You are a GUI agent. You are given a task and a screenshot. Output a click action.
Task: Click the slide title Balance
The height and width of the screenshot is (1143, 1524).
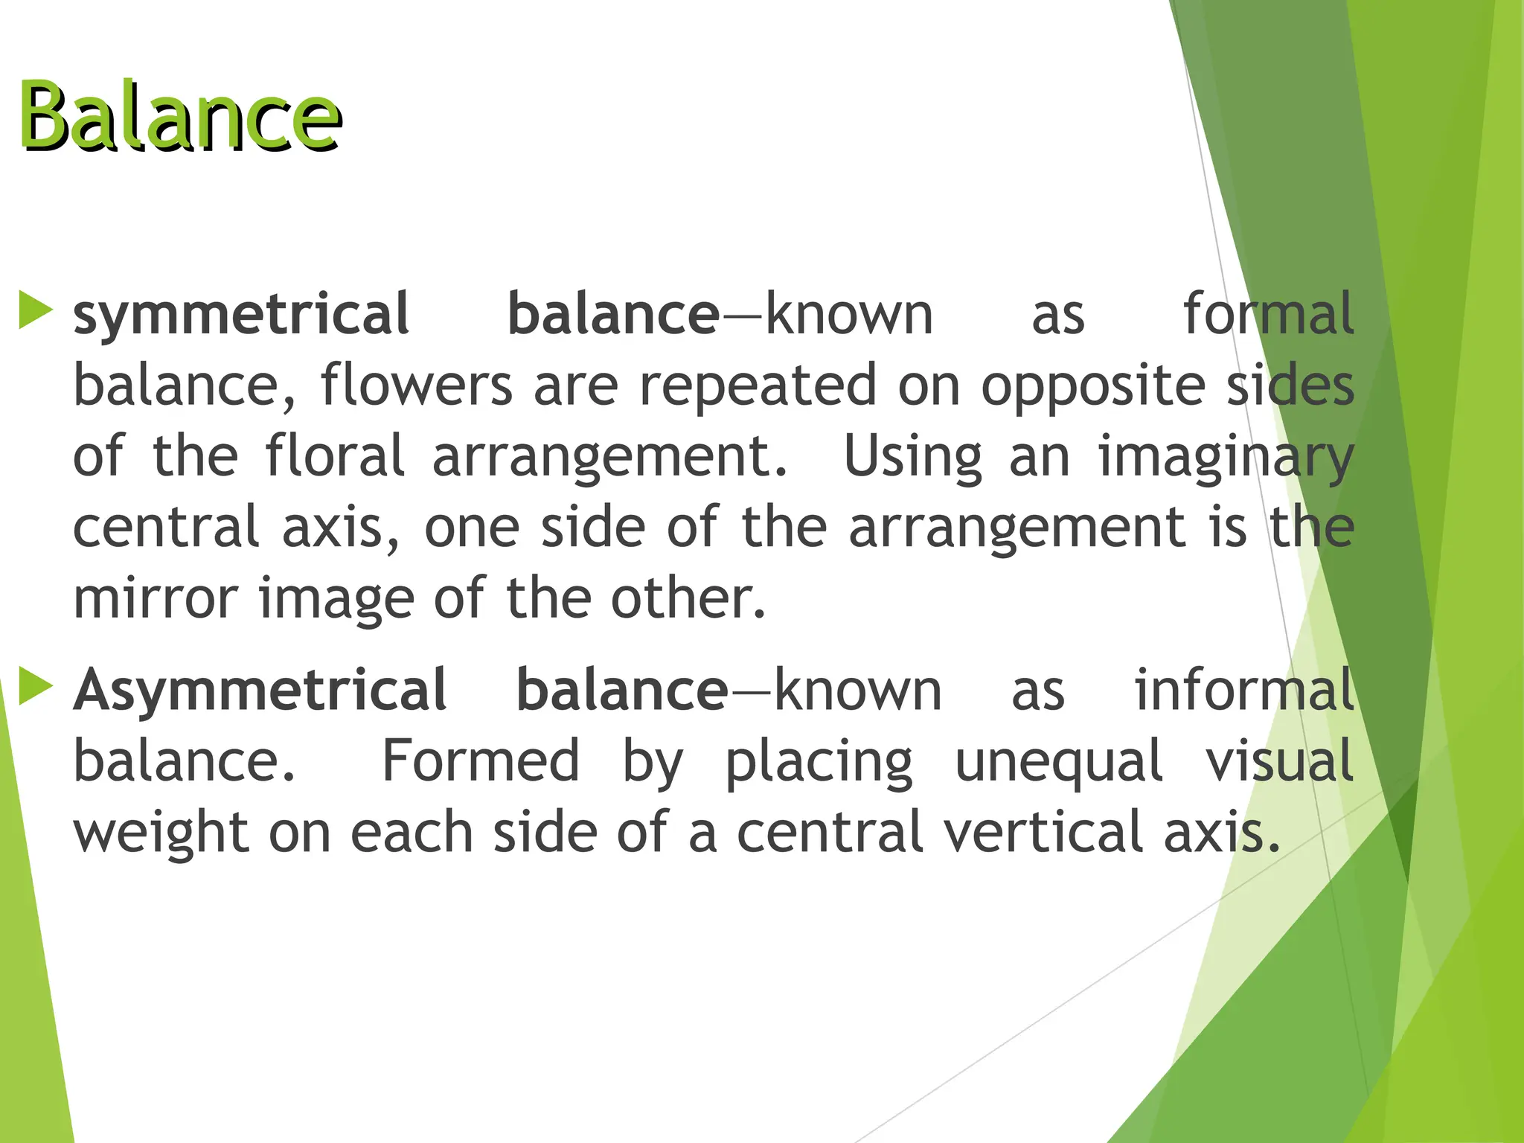pos(180,117)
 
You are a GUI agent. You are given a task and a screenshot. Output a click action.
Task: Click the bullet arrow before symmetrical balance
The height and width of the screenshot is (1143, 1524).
pos(35,310)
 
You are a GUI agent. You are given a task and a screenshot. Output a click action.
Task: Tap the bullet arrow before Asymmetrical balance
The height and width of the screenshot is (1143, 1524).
pos(35,686)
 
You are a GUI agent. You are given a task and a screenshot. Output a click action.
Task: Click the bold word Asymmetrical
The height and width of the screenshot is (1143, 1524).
pos(260,691)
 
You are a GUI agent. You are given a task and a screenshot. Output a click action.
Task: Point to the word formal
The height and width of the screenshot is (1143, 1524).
pos(1268,314)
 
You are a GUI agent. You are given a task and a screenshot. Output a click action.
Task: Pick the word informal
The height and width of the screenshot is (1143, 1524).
pos(1243,690)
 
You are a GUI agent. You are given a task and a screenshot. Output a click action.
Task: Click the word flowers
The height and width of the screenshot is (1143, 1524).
pos(417,385)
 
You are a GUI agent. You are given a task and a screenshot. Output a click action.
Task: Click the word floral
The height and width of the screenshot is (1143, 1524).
pos(335,455)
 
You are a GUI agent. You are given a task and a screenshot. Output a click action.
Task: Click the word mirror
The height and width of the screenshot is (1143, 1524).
pos(155,598)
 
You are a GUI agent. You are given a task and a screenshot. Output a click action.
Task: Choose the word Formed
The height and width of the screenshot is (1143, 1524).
pos(481,761)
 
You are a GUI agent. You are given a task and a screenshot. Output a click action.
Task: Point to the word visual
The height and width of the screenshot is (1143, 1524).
pos(1279,761)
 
